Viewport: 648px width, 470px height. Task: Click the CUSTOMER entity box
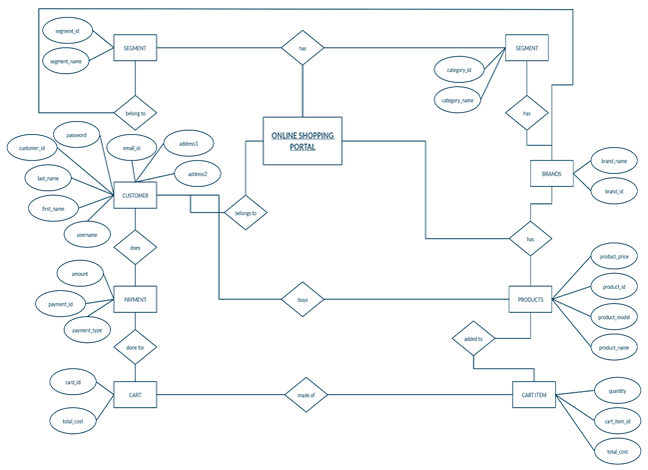point(136,197)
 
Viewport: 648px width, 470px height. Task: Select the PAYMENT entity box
point(136,298)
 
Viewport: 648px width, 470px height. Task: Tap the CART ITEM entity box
point(533,396)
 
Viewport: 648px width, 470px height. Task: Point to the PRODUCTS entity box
point(530,298)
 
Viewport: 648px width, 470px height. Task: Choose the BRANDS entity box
point(551,174)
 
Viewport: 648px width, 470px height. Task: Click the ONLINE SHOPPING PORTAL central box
point(303,141)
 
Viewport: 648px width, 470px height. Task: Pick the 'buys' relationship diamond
point(303,298)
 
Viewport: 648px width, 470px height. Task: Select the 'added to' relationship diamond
point(473,339)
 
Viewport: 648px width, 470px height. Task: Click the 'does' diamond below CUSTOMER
point(136,247)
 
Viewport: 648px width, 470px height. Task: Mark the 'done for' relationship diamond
point(136,347)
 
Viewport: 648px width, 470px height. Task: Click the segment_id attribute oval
point(68,31)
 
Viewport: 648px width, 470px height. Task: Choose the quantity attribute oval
point(610,390)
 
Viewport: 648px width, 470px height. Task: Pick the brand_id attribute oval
point(614,190)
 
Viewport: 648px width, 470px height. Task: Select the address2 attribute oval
point(197,175)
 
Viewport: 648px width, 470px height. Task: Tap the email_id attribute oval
point(132,148)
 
